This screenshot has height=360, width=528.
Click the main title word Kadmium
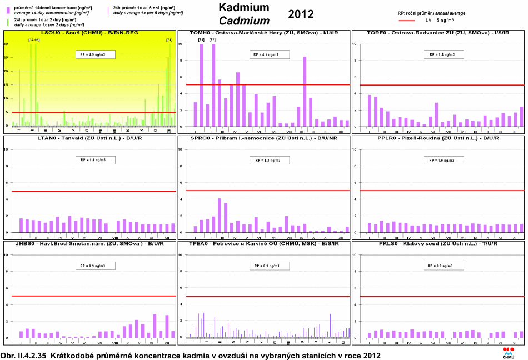click(x=243, y=7)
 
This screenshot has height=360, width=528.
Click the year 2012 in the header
click(x=301, y=14)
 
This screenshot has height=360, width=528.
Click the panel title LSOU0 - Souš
click(x=89, y=33)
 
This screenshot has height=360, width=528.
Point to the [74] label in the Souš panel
click(x=169, y=39)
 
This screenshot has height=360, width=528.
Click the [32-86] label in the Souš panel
click(x=33, y=39)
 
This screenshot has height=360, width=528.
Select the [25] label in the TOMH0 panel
click(x=201, y=39)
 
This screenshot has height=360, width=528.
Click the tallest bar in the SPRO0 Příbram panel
click(x=220, y=216)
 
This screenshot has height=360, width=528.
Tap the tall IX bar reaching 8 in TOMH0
click(x=305, y=92)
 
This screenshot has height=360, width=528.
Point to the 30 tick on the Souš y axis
click(x=6, y=44)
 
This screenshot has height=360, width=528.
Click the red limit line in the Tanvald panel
click(x=89, y=191)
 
